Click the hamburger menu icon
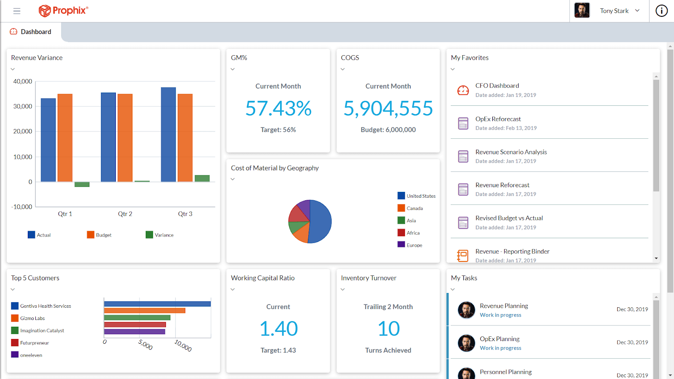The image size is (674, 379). [x=17, y=11]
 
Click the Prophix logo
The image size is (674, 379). [x=63, y=11]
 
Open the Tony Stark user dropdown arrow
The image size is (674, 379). [x=637, y=11]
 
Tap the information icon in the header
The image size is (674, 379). [x=661, y=11]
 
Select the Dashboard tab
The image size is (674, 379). [x=31, y=32]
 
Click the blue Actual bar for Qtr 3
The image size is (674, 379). [x=168, y=134]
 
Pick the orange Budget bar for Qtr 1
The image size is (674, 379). [x=65, y=138]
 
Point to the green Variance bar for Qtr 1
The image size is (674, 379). [x=82, y=184]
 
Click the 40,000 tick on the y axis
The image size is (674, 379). [x=23, y=81]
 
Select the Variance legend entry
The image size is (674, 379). [x=160, y=235]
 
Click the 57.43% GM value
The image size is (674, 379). [x=278, y=108]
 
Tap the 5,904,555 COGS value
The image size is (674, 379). [x=388, y=108]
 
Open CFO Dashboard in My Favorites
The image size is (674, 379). [x=497, y=86]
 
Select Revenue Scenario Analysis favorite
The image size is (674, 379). [x=511, y=152]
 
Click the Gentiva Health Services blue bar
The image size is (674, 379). [x=157, y=304]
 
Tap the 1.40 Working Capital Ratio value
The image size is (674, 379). [x=278, y=329]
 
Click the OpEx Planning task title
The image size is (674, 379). [x=500, y=339]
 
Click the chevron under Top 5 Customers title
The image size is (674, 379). [x=13, y=290]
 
